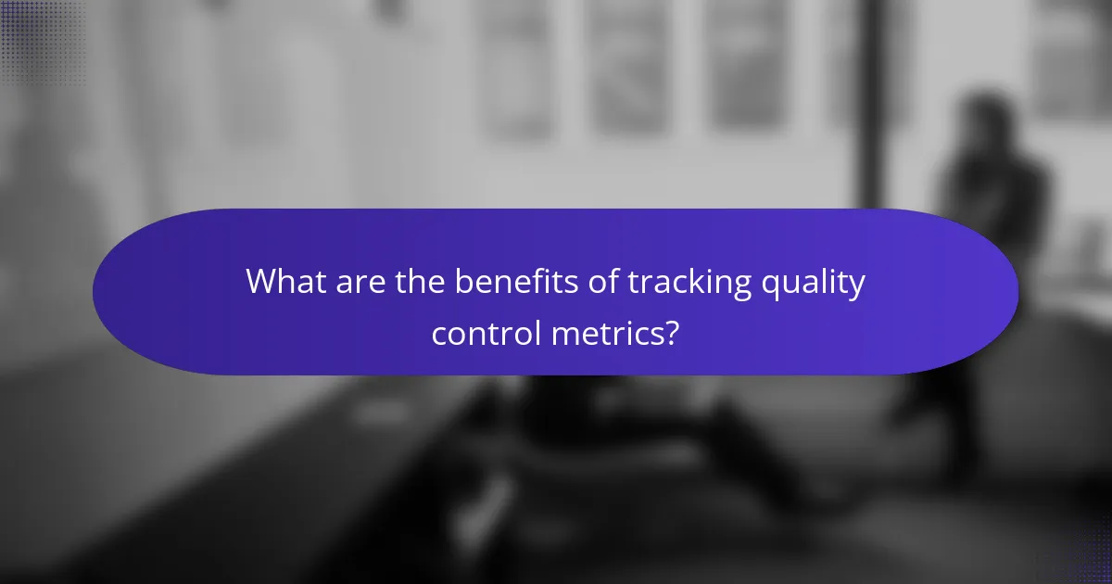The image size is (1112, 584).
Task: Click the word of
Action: [604, 283]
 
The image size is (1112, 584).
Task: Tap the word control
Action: [485, 333]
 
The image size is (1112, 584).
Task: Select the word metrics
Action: [606, 333]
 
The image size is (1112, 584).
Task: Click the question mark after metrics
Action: [672, 333]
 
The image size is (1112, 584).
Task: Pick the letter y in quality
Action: [856, 286]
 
